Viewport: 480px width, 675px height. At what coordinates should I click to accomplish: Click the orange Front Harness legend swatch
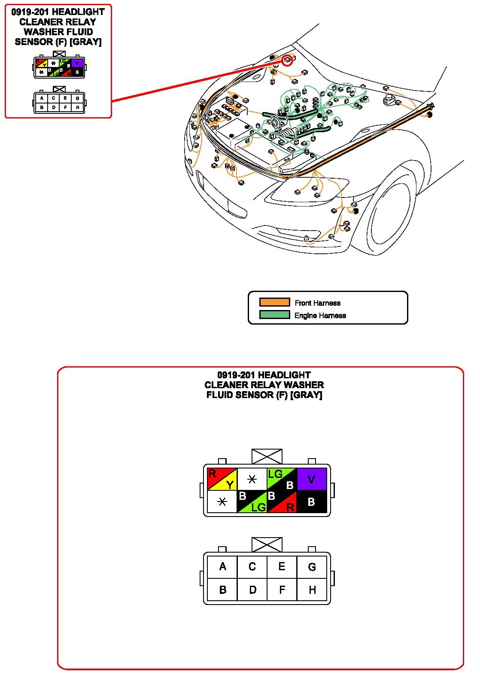274,302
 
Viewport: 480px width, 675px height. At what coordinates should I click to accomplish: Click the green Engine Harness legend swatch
274,315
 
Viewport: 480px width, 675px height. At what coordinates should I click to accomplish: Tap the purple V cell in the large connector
312,479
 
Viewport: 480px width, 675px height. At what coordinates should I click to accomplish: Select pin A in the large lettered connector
222,567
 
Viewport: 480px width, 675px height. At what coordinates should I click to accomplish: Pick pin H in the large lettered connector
312,590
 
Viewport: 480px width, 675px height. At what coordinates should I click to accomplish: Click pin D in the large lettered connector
252,590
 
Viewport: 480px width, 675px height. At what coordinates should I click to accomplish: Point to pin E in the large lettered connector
282,567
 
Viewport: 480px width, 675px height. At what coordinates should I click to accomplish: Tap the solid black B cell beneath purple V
312,502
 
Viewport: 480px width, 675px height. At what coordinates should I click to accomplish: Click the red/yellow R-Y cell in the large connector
222,479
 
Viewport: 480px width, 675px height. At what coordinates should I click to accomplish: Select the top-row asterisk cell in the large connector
252,479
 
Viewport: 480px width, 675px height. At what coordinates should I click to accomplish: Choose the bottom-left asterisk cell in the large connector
222,502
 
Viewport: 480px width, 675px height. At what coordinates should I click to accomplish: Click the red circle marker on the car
287,61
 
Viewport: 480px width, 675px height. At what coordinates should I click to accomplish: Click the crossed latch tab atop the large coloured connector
267,456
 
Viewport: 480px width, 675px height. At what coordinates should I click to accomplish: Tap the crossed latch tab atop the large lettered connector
267,544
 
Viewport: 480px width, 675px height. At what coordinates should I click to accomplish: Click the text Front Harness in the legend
317,303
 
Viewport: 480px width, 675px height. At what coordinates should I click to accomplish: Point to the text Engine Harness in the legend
320,315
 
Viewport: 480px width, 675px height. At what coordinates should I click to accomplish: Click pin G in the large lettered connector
312,567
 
